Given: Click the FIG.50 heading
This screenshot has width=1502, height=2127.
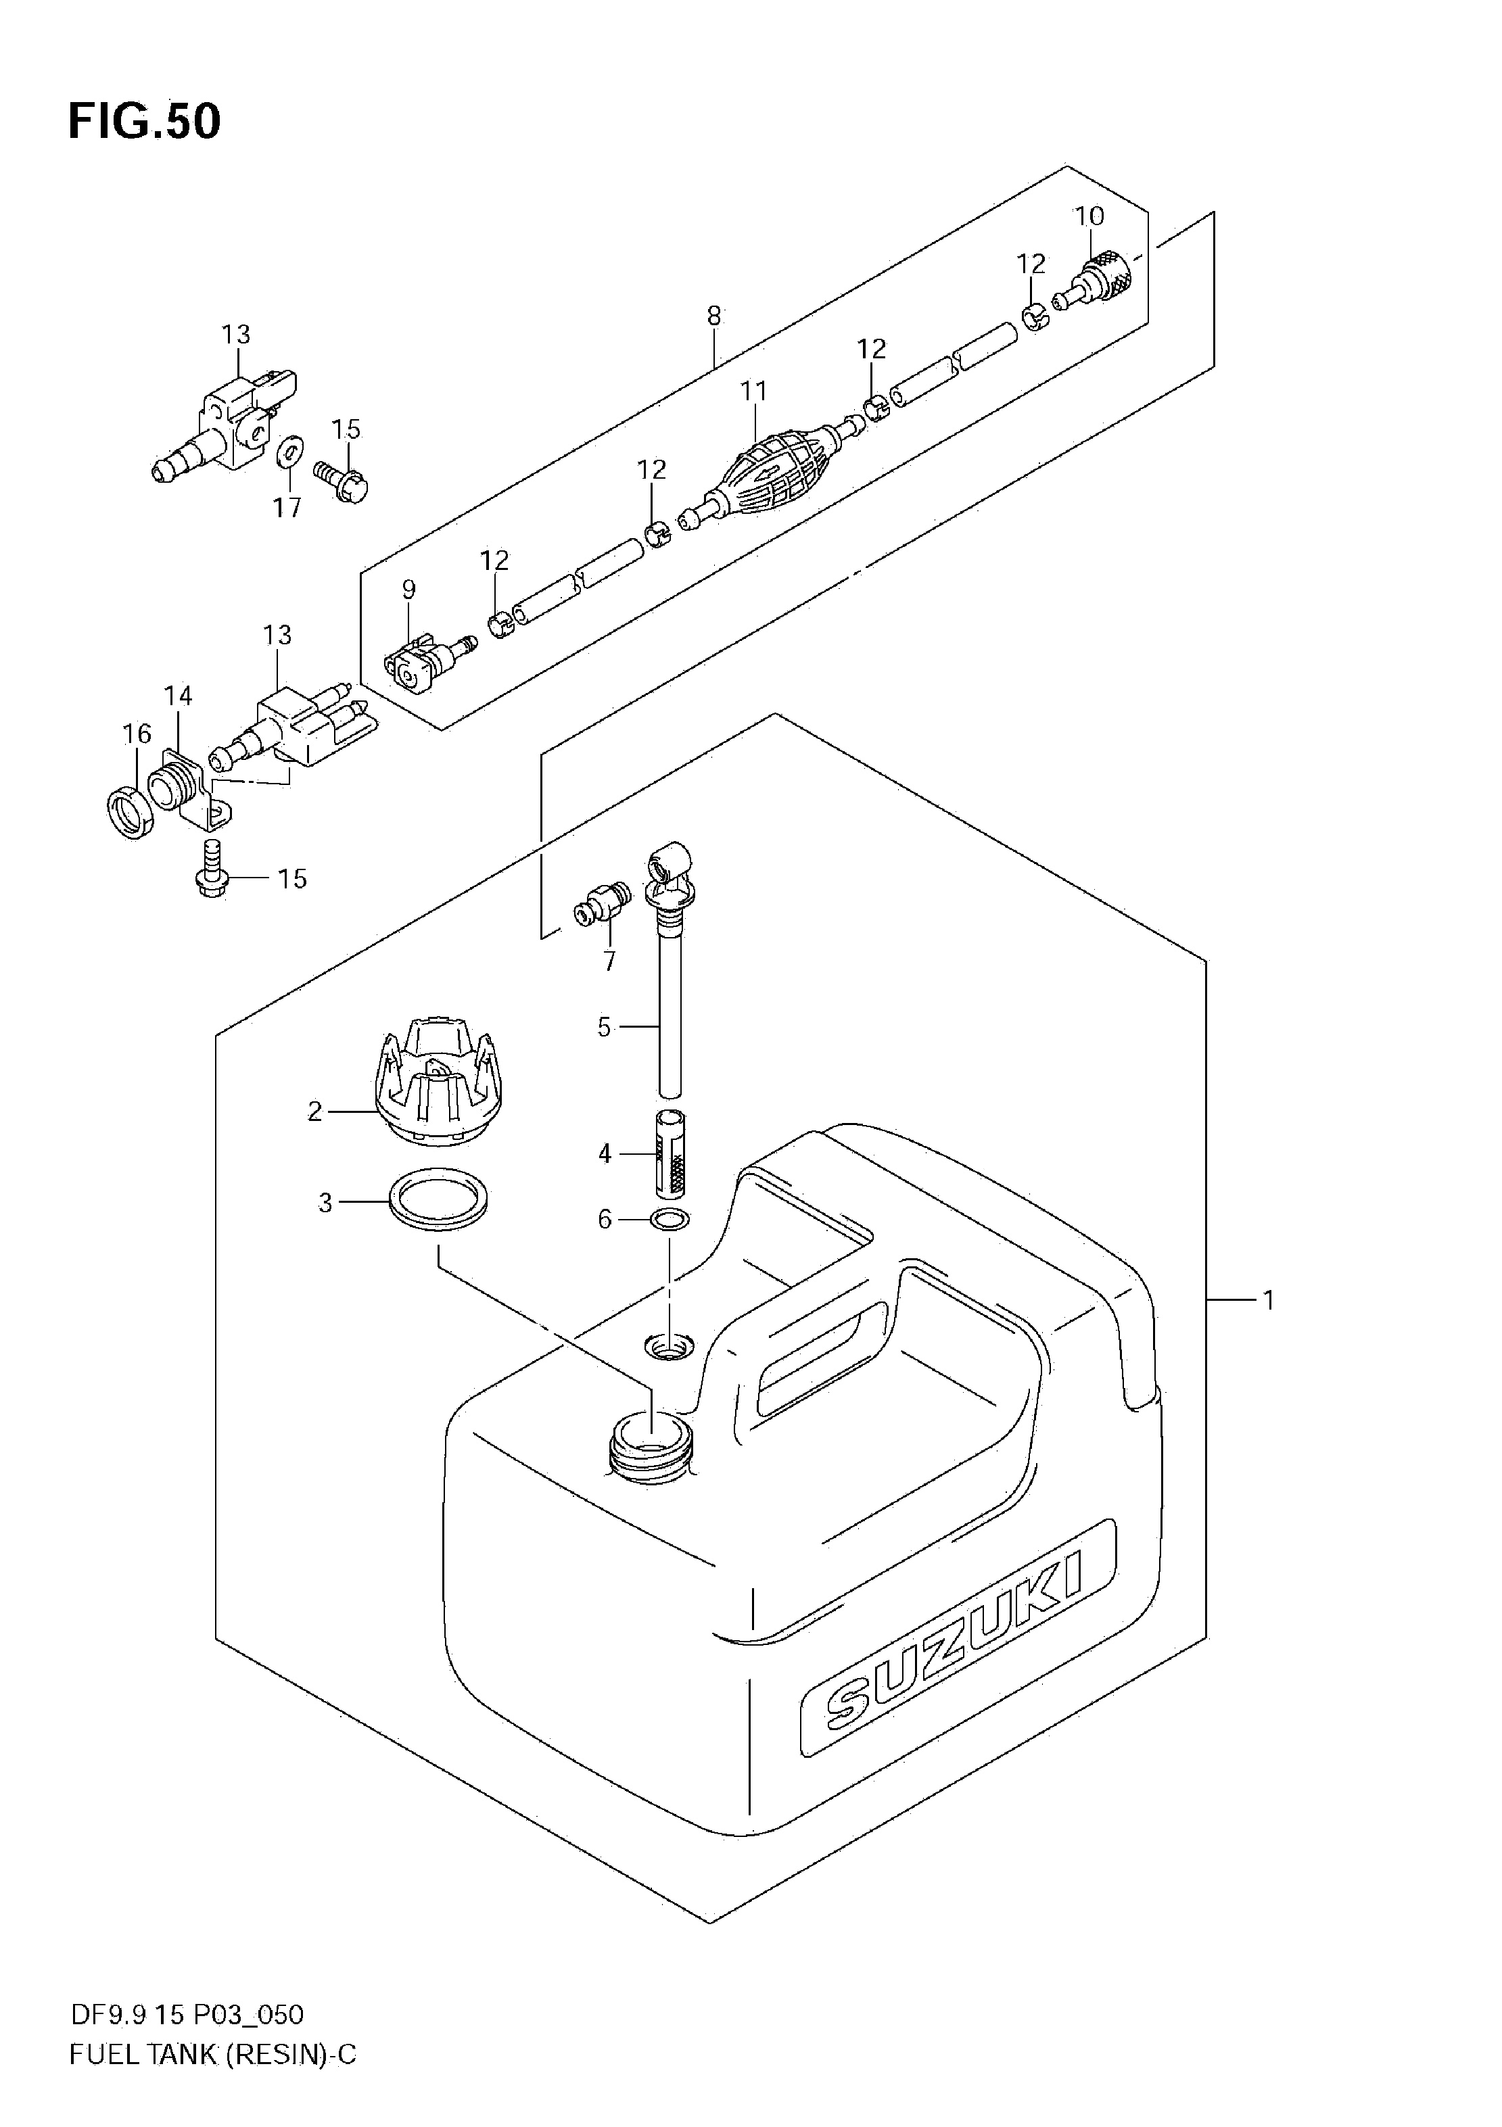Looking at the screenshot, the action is pyautogui.click(x=145, y=121).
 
